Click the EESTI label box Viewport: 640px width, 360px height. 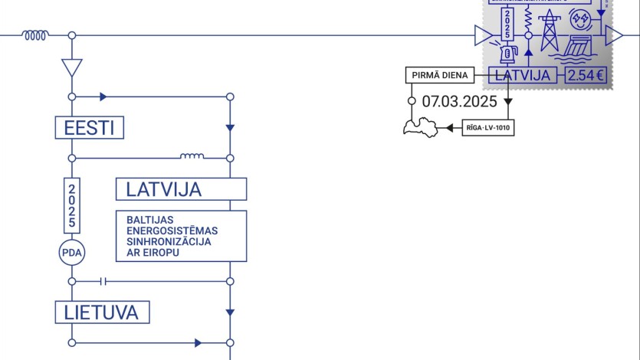pyautogui.click(x=89, y=127)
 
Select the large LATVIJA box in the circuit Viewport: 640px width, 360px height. pyautogui.click(x=181, y=188)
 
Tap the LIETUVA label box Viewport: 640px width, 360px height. pyautogui.click(x=102, y=312)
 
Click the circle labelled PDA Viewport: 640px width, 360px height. pyautogui.click(x=71, y=252)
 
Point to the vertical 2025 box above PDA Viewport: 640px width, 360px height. pyautogui.click(x=71, y=205)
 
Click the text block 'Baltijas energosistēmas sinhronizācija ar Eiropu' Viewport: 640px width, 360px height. pyautogui.click(x=181, y=236)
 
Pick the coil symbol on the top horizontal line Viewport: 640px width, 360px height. pyautogui.click(x=35, y=34)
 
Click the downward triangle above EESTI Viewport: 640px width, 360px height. pyautogui.click(x=71, y=67)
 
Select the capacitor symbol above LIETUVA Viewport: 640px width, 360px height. pyautogui.click(x=104, y=281)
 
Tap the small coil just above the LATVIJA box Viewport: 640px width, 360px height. pyautogui.click(x=192, y=157)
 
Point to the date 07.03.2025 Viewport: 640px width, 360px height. pyautogui.click(x=459, y=101)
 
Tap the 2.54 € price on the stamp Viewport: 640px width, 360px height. pyautogui.click(x=586, y=75)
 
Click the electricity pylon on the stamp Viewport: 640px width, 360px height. pyautogui.click(x=550, y=32)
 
